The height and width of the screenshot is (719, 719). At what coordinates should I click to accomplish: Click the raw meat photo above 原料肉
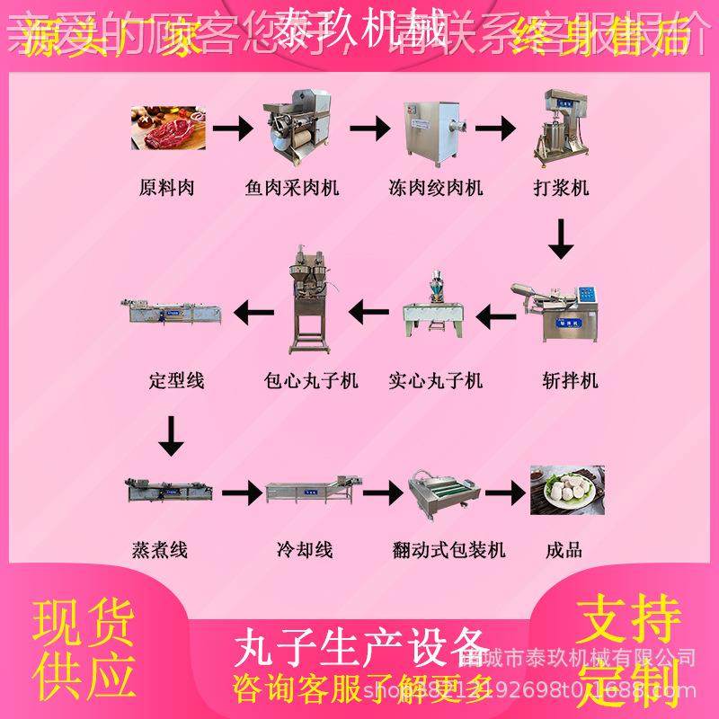(x=167, y=129)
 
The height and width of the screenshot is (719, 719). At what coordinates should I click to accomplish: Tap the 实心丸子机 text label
(x=436, y=381)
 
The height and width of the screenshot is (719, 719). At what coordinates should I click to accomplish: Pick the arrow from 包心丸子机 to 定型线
(x=254, y=313)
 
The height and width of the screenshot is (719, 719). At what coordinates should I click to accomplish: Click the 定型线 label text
(x=176, y=381)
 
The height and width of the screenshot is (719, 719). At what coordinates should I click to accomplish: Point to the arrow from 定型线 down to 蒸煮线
(x=170, y=437)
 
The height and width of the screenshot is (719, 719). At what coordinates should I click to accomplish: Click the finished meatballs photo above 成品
(x=566, y=490)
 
